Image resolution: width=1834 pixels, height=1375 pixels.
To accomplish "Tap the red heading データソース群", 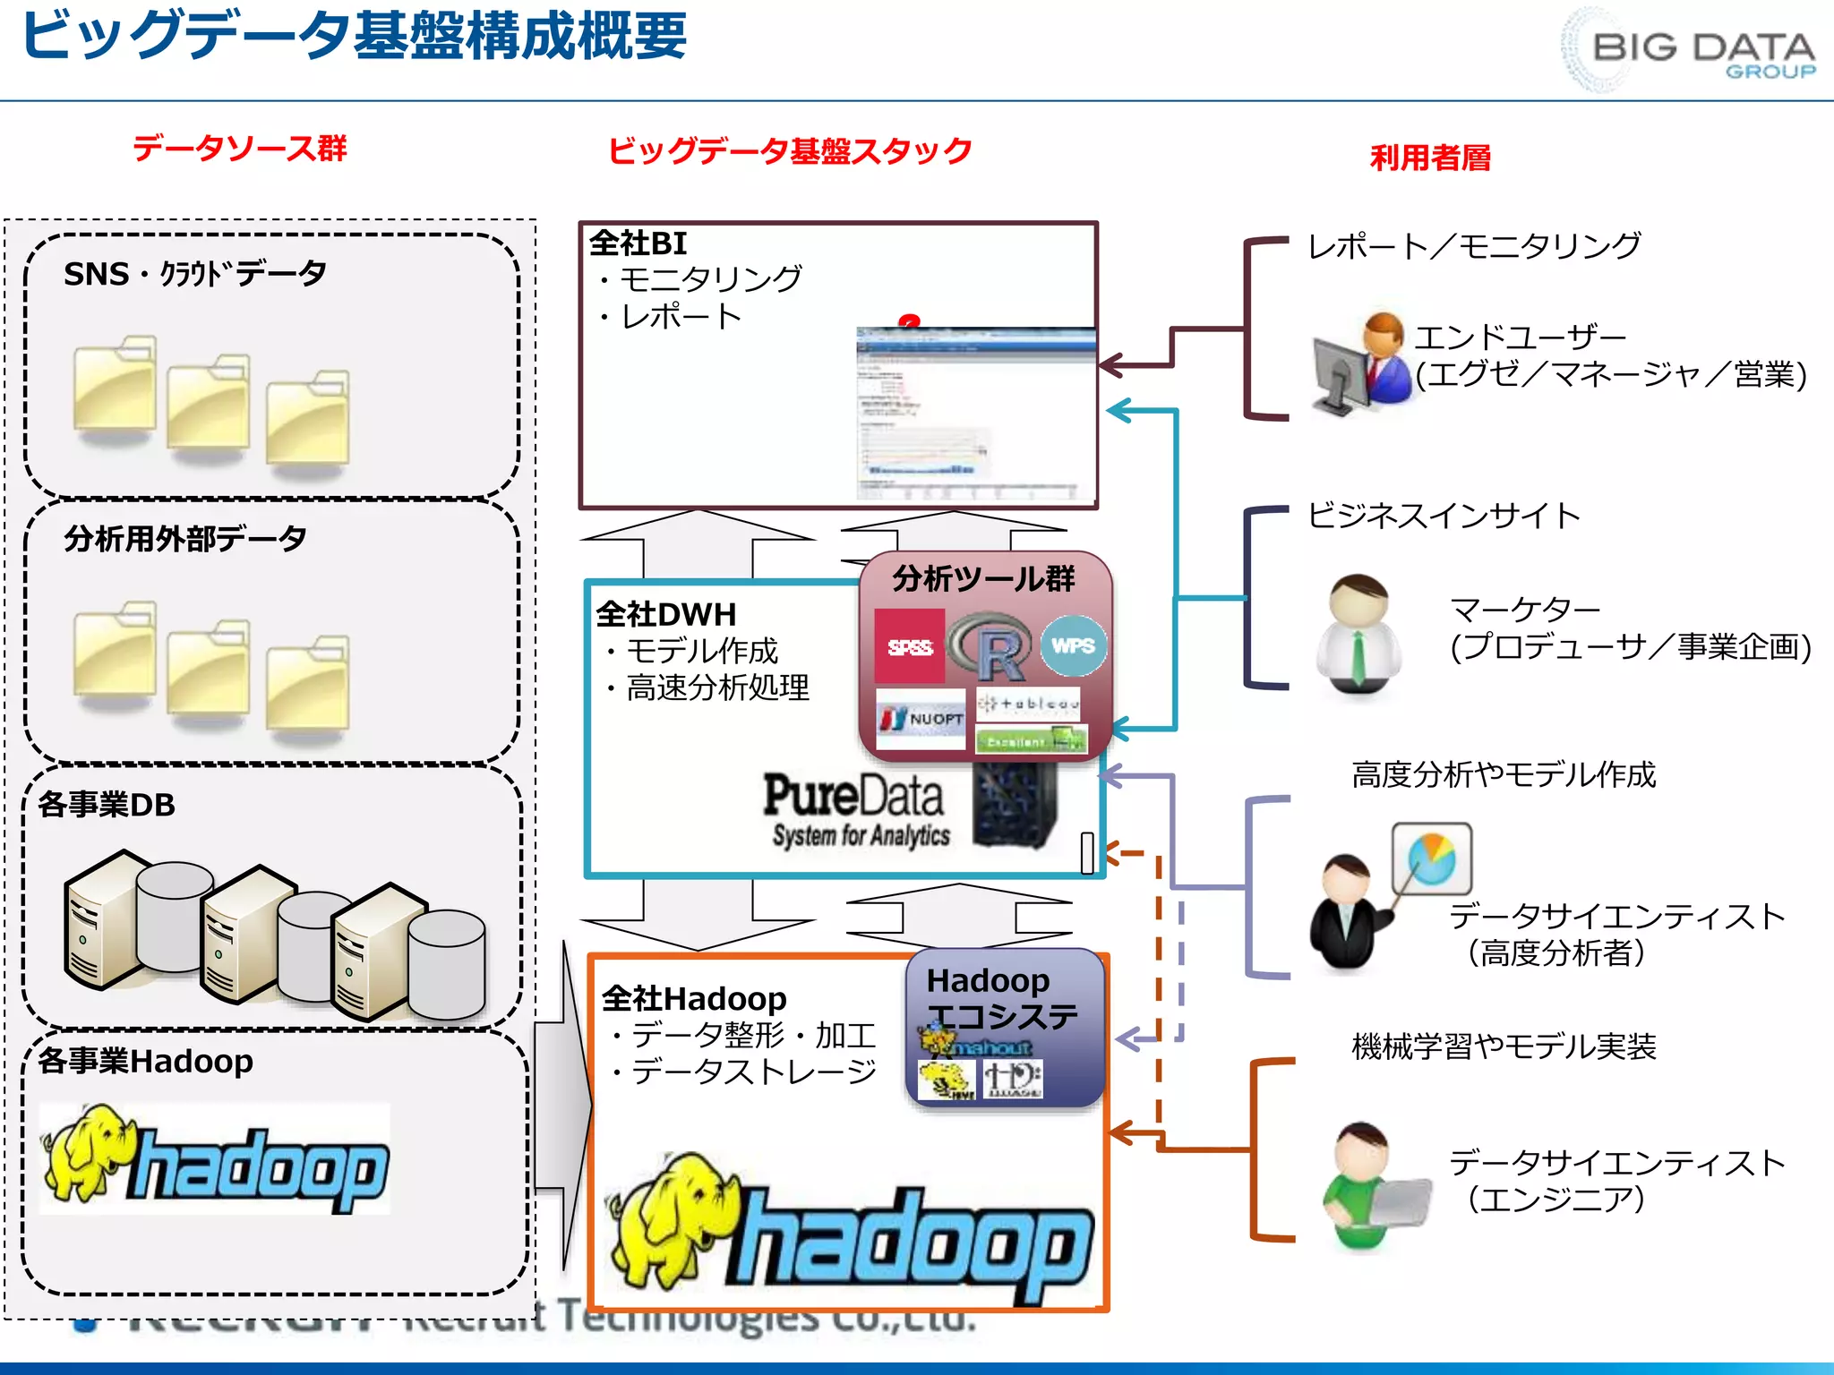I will click(239, 148).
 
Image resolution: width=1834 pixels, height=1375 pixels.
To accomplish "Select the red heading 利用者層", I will click(1430, 158).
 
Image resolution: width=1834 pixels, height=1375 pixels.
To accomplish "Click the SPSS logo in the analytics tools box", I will click(909, 646).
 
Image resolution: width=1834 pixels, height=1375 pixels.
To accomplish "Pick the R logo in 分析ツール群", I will click(990, 646).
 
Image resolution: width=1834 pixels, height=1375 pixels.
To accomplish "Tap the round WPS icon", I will click(1073, 645).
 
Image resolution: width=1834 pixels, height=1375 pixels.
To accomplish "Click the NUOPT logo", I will click(921, 718).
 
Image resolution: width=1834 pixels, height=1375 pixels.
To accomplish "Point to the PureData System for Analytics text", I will click(855, 809).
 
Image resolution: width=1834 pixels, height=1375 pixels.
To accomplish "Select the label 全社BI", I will click(638, 243).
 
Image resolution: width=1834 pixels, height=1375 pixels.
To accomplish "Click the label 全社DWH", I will click(666, 614).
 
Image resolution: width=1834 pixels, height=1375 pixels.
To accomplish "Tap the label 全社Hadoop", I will click(694, 998).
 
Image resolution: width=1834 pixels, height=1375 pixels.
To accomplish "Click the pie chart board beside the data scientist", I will click(1431, 858).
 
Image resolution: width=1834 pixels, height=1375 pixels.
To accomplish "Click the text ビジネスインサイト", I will click(1443, 516).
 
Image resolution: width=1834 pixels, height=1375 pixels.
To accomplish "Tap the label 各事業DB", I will click(107, 805).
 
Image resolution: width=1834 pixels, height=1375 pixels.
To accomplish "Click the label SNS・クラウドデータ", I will click(194, 274).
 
